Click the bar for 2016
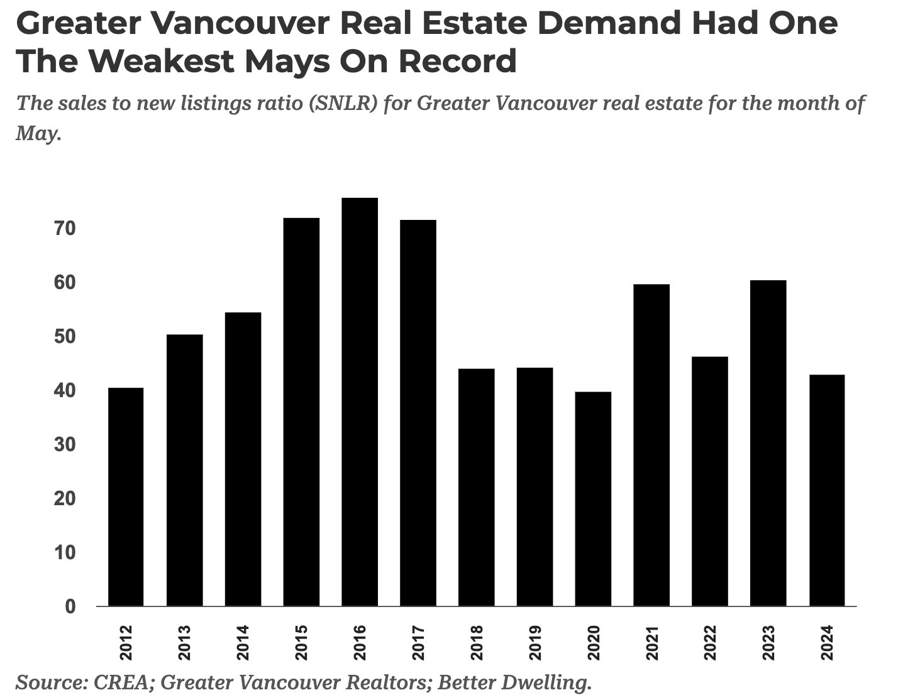click(x=360, y=402)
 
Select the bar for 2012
click(x=126, y=497)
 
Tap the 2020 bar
click(x=593, y=499)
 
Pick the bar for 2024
click(x=827, y=490)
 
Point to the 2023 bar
click(x=768, y=443)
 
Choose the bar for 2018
click(x=476, y=487)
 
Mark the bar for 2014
click(x=243, y=459)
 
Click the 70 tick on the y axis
click(x=65, y=229)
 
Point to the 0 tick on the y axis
click(x=70, y=607)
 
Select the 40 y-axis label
click(x=65, y=391)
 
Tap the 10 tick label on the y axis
click(x=65, y=553)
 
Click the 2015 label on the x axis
click(x=301, y=643)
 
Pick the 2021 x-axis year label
click(x=651, y=643)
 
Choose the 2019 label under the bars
click(x=535, y=643)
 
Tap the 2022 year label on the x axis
click(x=710, y=643)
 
